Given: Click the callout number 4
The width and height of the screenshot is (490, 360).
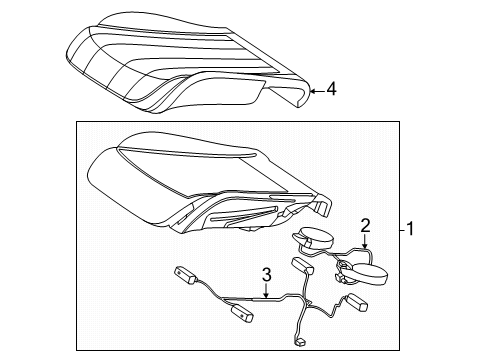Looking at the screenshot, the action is [x=331, y=89].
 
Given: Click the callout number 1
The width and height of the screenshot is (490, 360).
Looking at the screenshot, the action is [x=410, y=229].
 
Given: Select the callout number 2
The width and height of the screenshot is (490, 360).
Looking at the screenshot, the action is [x=365, y=226].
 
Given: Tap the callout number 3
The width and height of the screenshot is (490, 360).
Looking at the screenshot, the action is [x=266, y=275].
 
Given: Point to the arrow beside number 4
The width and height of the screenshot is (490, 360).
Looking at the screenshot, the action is [x=317, y=90].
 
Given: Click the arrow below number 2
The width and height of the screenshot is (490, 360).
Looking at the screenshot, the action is [x=365, y=241].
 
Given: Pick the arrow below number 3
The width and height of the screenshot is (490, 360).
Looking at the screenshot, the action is [x=266, y=290].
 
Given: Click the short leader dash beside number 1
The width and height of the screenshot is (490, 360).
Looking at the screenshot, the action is [x=403, y=230].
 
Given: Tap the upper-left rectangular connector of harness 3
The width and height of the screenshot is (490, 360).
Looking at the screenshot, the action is [x=186, y=276].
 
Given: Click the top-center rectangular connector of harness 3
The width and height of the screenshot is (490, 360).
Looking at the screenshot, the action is [x=302, y=266].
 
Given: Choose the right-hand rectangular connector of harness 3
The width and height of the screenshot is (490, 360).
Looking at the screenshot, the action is [x=357, y=301].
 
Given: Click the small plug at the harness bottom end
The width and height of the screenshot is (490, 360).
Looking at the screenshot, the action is [x=300, y=342].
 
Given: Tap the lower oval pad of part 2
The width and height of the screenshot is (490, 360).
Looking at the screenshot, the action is [x=369, y=274].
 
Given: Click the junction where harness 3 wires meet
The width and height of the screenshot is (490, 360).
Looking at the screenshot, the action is [x=305, y=302].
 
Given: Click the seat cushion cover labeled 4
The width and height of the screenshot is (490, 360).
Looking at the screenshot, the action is [x=188, y=62].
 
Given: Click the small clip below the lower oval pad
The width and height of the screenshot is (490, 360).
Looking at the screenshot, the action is [x=340, y=277].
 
